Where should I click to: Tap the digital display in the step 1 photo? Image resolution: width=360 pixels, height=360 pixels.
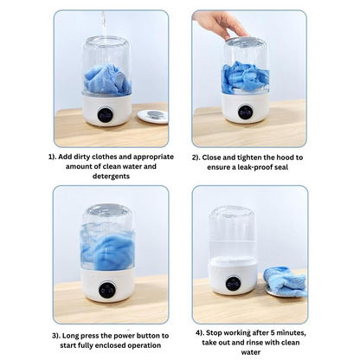pos(106,112)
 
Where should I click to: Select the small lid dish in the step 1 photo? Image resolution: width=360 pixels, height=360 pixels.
pos(152,115)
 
